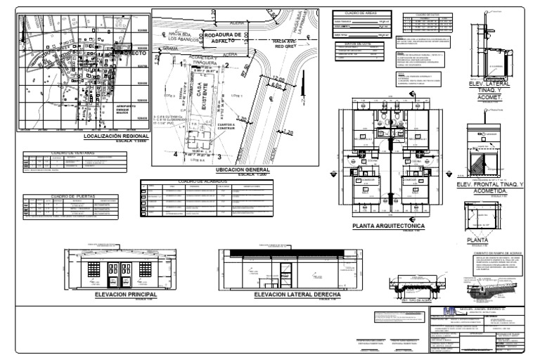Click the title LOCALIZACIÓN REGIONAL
tap(115, 136)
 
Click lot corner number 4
tap(175, 153)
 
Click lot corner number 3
tap(219, 157)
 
